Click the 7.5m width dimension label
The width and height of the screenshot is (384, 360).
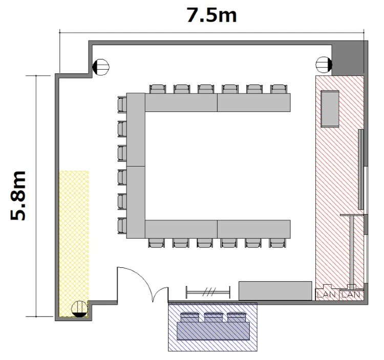(211, 15)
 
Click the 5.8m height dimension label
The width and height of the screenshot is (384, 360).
(18, 196)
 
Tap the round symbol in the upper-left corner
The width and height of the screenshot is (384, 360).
(101, 67)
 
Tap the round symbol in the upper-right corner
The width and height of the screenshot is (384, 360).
(324, 65)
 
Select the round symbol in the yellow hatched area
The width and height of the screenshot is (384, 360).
(79, 309)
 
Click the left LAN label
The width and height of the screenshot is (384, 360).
(326, 294)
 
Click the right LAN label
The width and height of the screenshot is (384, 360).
(351, 294)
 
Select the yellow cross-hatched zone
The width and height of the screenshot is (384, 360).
(74, 244)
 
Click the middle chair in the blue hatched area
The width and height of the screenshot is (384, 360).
(213, 317)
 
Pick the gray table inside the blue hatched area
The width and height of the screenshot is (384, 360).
(213, 331)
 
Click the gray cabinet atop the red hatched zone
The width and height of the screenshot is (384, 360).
(330, 109)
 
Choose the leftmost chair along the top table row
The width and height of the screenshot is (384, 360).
(158, 89)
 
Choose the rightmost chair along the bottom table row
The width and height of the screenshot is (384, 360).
(277, 243)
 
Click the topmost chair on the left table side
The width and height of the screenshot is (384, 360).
(122, 104)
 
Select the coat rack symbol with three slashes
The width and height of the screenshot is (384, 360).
(208, 292)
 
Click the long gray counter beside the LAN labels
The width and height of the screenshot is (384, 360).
(275, 291)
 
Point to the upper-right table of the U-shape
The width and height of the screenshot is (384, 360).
(254, 102)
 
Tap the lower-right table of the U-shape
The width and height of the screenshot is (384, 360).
(254, 229)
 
